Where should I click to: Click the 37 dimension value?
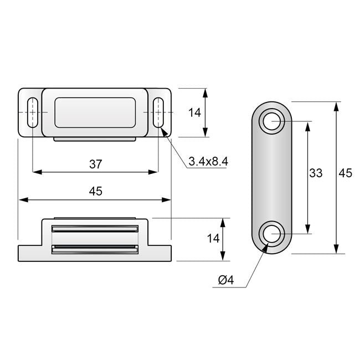coord(95,163)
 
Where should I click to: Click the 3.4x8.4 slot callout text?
coord(208,161)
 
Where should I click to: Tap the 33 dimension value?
coord(315,173)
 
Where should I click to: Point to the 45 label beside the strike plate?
coord(345,173)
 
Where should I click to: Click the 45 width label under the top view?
coord(95,191)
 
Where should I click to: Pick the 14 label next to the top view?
coord(194,112)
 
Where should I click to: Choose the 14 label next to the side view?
coord(213,239)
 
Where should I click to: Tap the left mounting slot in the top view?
coord(32,112)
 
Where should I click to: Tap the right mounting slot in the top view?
coord(159,112)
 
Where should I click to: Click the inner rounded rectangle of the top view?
coord(95,112)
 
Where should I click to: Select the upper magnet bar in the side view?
coord(95,228)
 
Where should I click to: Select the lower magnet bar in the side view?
coord(95,250)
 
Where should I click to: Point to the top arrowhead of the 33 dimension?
coord(307,125)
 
